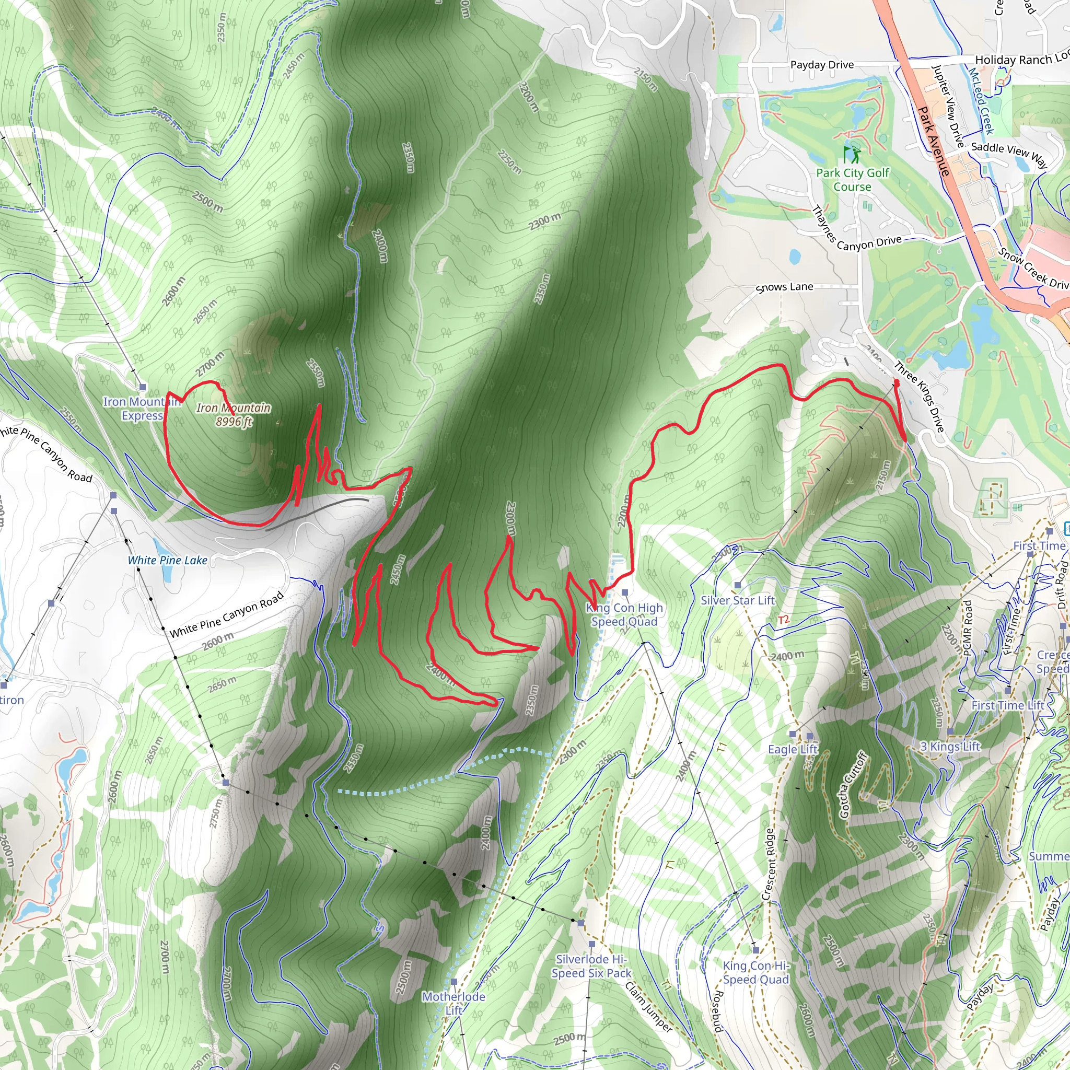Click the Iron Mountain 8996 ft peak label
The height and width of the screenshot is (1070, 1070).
pos(233,415)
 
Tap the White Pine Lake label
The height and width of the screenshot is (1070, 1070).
pos(167,561)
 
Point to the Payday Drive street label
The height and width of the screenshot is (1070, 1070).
pos(822,65)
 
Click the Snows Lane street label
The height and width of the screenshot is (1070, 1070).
pos(784,287)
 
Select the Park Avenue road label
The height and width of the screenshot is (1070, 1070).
pos(934,141)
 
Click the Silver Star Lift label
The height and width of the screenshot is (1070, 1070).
pos(738,600)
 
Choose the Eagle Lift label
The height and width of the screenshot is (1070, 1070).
pos(793,749)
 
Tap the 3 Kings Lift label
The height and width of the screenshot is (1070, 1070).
pos(950,747)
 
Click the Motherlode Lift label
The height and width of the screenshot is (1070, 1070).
pos(453,1004)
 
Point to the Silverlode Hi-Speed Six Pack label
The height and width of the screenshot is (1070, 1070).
pos(591,967)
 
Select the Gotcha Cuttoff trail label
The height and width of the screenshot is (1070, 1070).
pos(852,785)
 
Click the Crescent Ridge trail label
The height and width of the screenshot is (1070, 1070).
pos(768,864)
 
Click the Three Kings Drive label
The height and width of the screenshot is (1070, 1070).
pos(920,397)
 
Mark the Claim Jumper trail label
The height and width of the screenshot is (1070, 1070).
pos(648,1007)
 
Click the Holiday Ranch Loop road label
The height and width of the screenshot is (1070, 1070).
pos(1022,59)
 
